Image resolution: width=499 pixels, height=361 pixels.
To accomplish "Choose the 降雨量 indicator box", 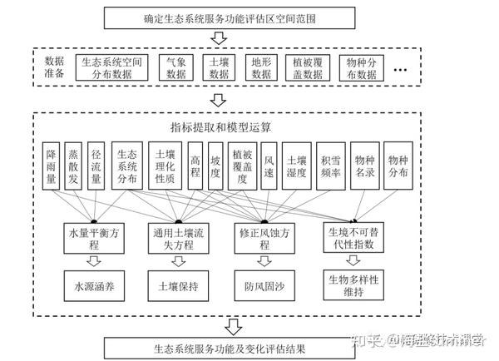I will click(x=52, y=166).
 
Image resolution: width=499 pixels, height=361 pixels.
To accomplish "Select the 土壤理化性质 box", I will click(x=166, y=166).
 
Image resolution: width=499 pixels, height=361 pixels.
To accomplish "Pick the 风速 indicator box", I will click(x=268, y=166).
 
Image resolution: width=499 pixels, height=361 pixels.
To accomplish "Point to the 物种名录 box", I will click(x=365, y=166).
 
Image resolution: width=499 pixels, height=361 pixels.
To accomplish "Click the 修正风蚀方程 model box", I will click(x=264, y=237).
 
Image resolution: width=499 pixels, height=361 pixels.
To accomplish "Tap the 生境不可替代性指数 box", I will click(x=353, y=237).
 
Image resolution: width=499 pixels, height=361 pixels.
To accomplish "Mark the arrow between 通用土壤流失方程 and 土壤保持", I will click(x=179, y=262).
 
